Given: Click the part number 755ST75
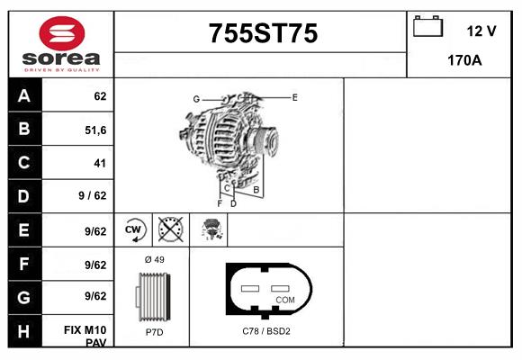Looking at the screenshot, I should coord(263,33).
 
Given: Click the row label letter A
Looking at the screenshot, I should coord(23,96).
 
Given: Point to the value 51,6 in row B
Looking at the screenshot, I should coord(94,130).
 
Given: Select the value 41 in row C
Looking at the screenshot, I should coord(99,163).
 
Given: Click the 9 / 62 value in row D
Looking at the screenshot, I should coord(93,196).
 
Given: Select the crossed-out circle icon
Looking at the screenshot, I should coord(169,229).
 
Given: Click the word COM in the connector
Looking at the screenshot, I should coord(284,299).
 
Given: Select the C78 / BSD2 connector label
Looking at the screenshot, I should coord(266,332).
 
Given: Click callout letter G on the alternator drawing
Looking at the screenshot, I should coord(195,98).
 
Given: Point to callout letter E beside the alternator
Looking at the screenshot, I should coord(294,96).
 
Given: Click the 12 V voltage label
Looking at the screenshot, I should coord(481,31).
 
